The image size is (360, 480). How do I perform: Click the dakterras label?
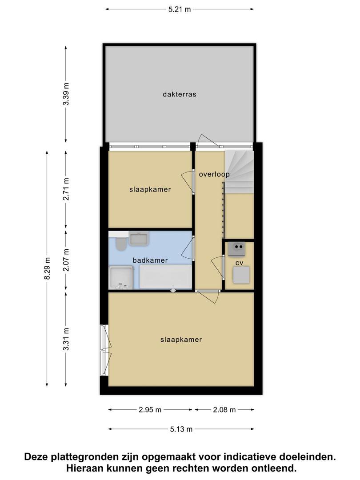point(180,94)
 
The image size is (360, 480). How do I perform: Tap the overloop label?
point(214,175)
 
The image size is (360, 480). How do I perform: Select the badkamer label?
point(150,260)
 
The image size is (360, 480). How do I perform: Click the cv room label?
point(240,263)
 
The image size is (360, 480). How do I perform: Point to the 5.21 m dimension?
point(180,9)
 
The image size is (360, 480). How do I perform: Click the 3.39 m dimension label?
point(66,94)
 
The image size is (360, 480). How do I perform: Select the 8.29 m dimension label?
point(47,268)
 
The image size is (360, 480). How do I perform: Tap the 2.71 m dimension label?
point(66,189)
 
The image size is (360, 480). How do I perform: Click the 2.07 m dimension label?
point(66,260)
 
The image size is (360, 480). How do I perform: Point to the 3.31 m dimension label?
point(66,339)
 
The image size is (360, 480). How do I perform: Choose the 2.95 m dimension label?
point(150,410)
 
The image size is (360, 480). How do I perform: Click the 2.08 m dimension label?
point(224,410)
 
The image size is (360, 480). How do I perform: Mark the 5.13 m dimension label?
point(181,429)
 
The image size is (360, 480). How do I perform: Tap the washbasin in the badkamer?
point(139,239)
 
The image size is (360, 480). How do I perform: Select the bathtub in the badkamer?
point(166,277)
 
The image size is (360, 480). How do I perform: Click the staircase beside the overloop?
point(240,172)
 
